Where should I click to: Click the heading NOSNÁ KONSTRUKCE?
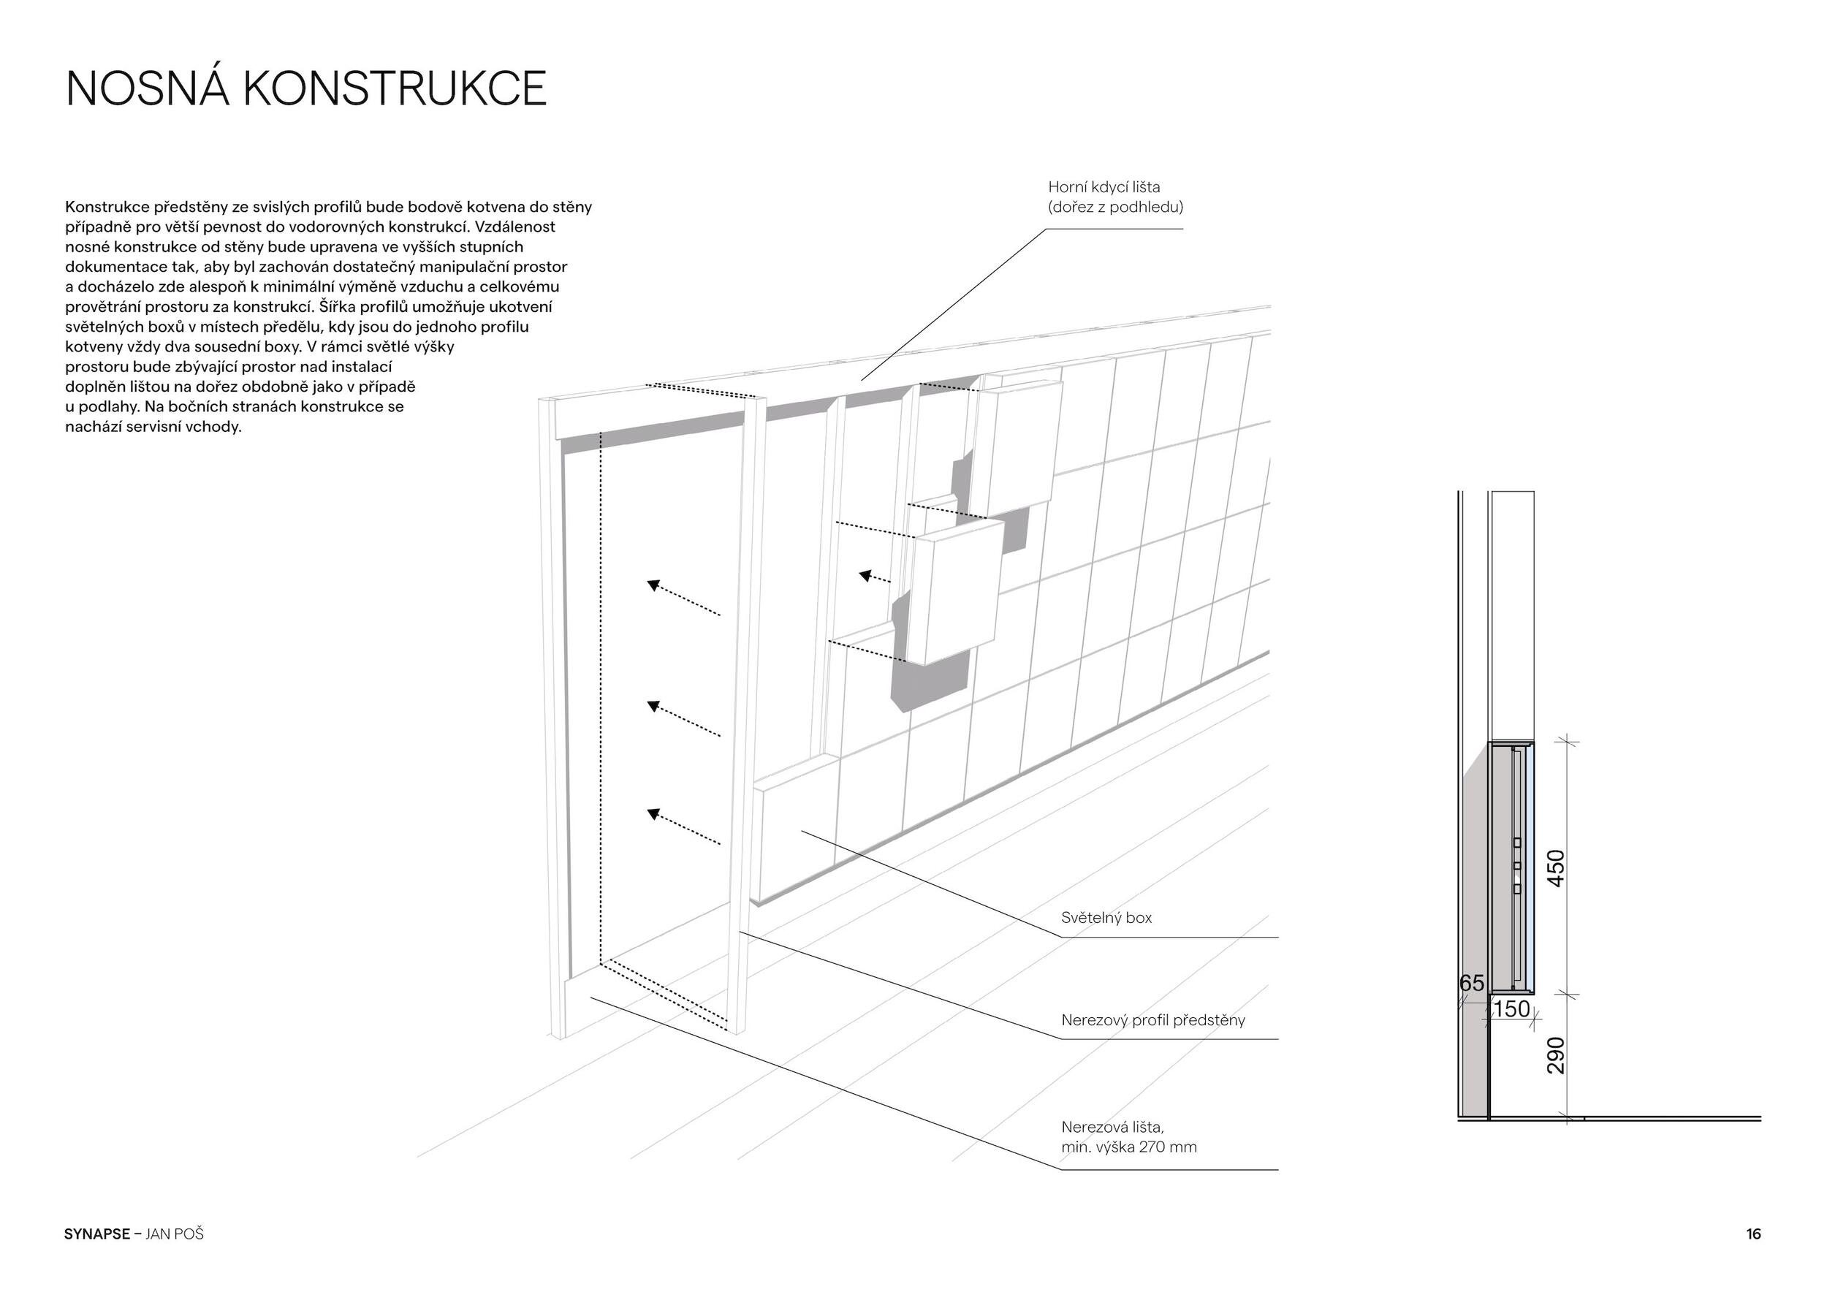tap(306, 88)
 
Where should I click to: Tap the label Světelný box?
tap(1106, 917)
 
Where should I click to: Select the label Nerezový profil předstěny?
tap(1153, 1020)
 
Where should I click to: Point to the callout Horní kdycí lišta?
tap(1104, 187)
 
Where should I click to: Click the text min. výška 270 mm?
tap(1129, 1147)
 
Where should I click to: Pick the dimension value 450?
tap(1557, 868)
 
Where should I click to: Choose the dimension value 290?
tap(1557, 1055)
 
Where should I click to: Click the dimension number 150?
tap(1512, 1008)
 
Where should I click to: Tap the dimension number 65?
tap(1471, 984)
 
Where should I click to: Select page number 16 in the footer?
tap(1754, 1235)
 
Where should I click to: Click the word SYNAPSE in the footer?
tap(97, 1235)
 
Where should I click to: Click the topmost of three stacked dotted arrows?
tap(683, 598)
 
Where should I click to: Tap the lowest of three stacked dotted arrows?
tap(683, 826)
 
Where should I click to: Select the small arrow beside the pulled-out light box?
tap(875, 576)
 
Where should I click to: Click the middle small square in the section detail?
tap(1516, 865)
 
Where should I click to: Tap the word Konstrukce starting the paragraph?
tap(107, 207)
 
